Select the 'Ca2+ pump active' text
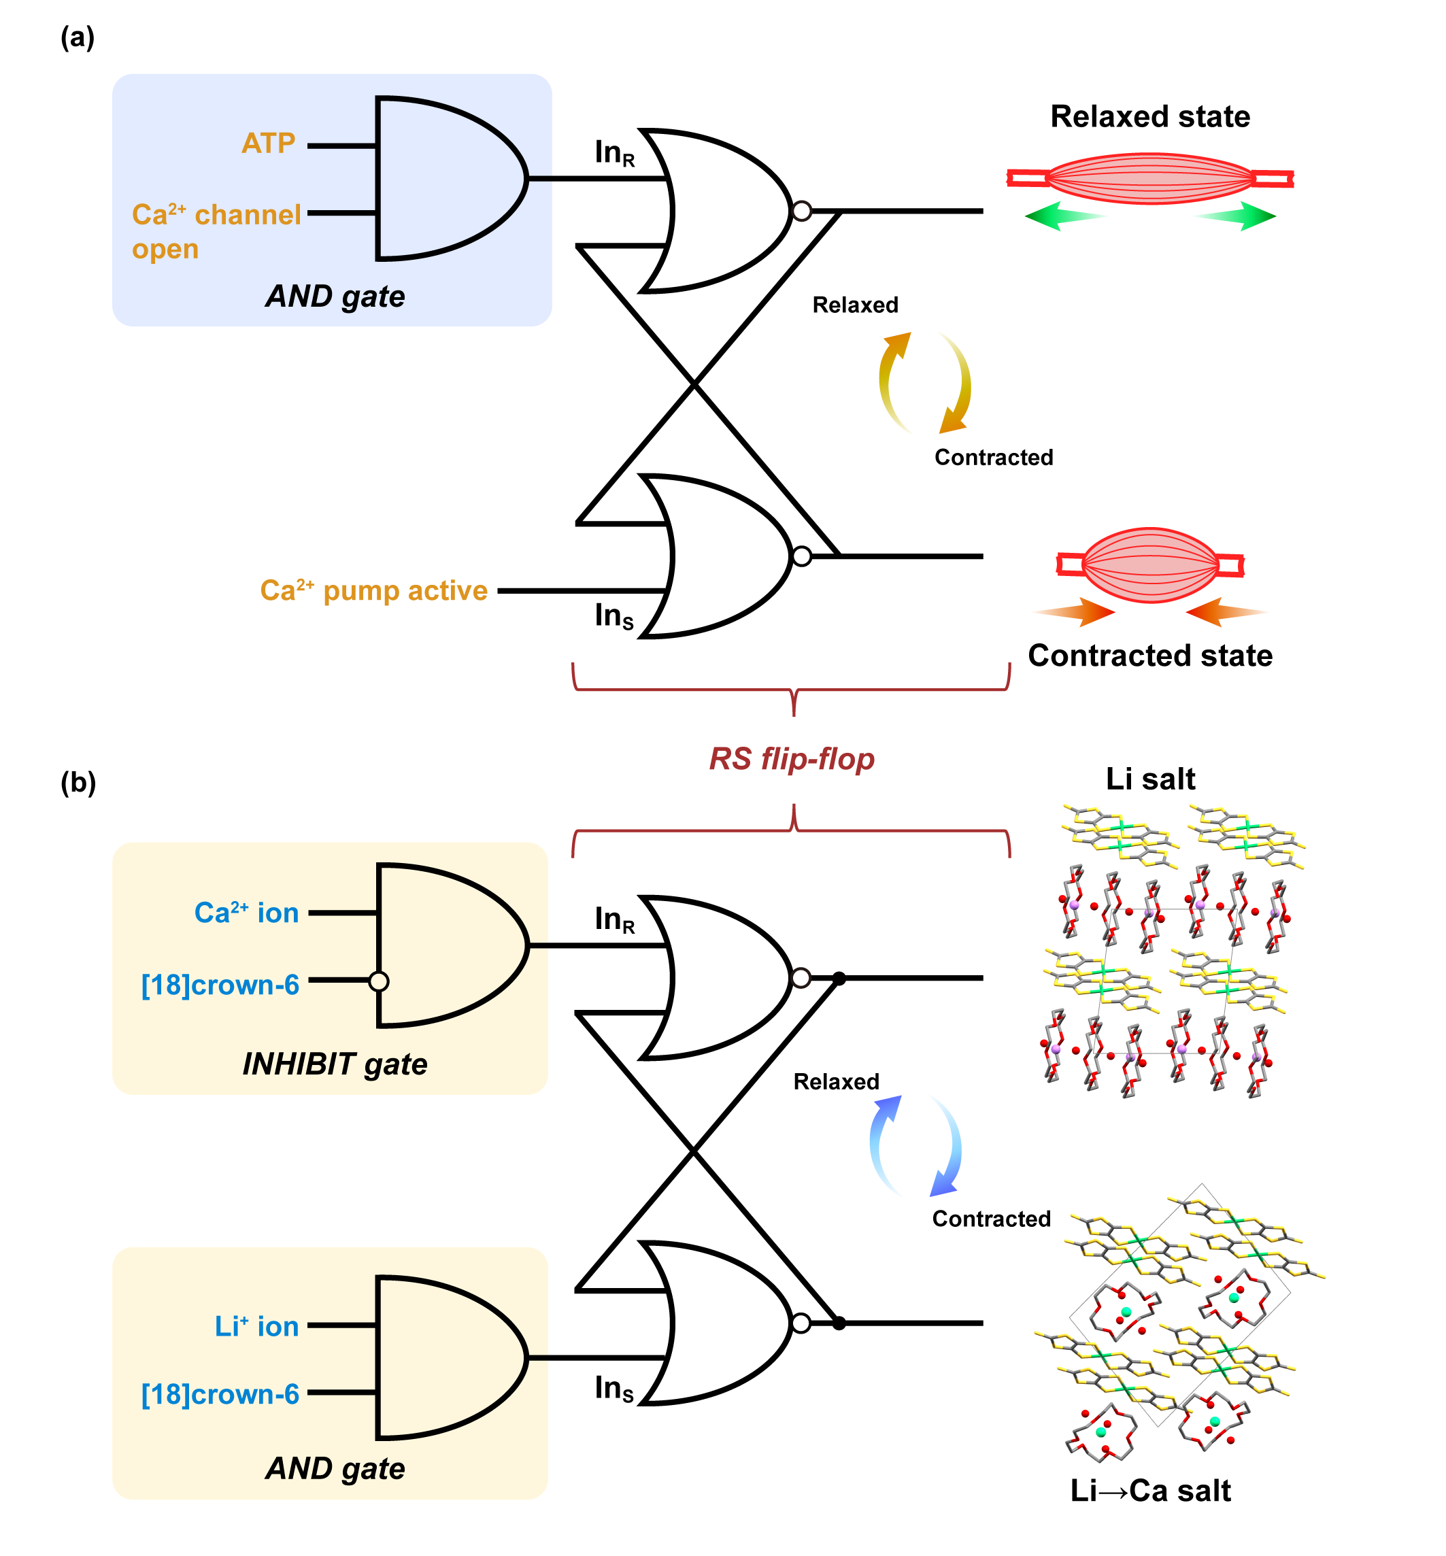[x=373, y=590]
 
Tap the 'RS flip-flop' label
[x=791, y=759]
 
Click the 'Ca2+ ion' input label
[x=246, y=913]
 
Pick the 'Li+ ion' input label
[x=256, y=1327]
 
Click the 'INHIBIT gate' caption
[x=335, y=1064]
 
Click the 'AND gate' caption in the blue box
[x=335, y=297]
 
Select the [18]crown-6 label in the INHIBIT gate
[x=220, y=985]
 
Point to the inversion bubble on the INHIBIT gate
[x=379, y=981]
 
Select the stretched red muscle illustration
[x=1149, y=178]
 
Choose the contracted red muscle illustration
[x=1149, y=565]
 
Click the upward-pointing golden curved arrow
[x=892, y=375]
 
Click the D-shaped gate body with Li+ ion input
[x=446, y=1358]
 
